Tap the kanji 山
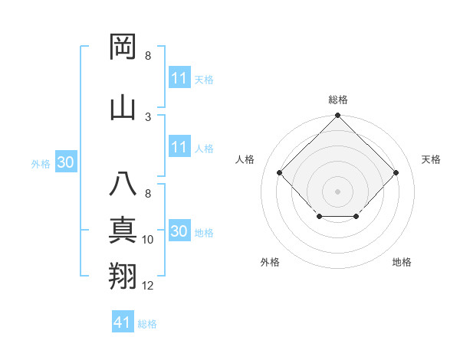(123, 108)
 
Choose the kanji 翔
(123, 277)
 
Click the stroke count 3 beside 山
(148, 117)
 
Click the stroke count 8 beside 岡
(148, 56)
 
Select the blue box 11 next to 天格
(179, 78)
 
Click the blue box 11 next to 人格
(179, 147)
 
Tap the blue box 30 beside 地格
(179, 231)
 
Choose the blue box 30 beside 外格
(65, 162)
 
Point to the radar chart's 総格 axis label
(337, 100)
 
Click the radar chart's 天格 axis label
(431, 159)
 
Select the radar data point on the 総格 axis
(337, 116)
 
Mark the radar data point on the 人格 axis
(280, 173)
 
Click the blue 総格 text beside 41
(147, 324)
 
